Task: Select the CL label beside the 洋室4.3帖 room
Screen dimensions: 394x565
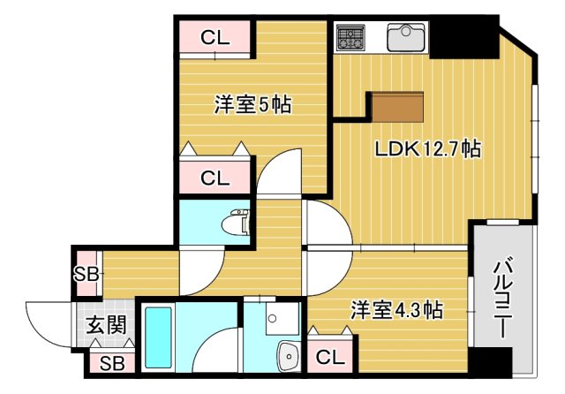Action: pos(328,357)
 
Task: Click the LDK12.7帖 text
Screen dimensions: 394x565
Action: pos(427,149)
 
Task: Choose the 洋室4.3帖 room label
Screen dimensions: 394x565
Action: pos(396,311)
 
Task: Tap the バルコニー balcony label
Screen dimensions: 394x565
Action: pos(499,298)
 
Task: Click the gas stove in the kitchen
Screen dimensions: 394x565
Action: pos(350,37)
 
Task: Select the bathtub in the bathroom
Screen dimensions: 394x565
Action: pos(160,339)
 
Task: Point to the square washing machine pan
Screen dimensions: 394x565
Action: pos(273,319)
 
